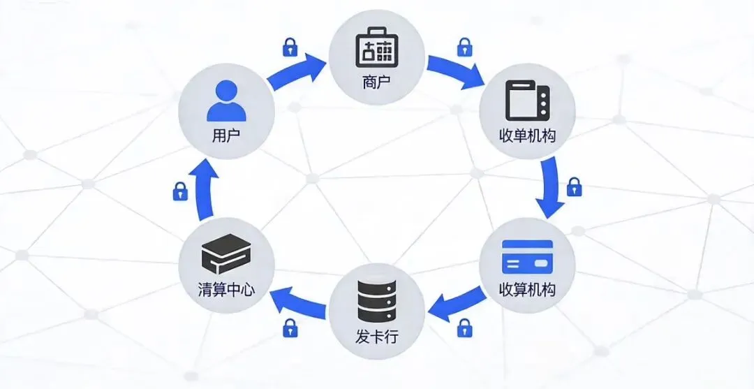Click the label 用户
226,134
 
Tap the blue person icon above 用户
226,101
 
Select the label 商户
377,82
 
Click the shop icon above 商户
377,47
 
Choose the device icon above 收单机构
526,101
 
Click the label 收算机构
528,289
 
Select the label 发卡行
377,337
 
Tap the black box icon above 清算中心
226,254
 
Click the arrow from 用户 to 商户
297,73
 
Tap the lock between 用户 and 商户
290,47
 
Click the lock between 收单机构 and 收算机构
574,186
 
